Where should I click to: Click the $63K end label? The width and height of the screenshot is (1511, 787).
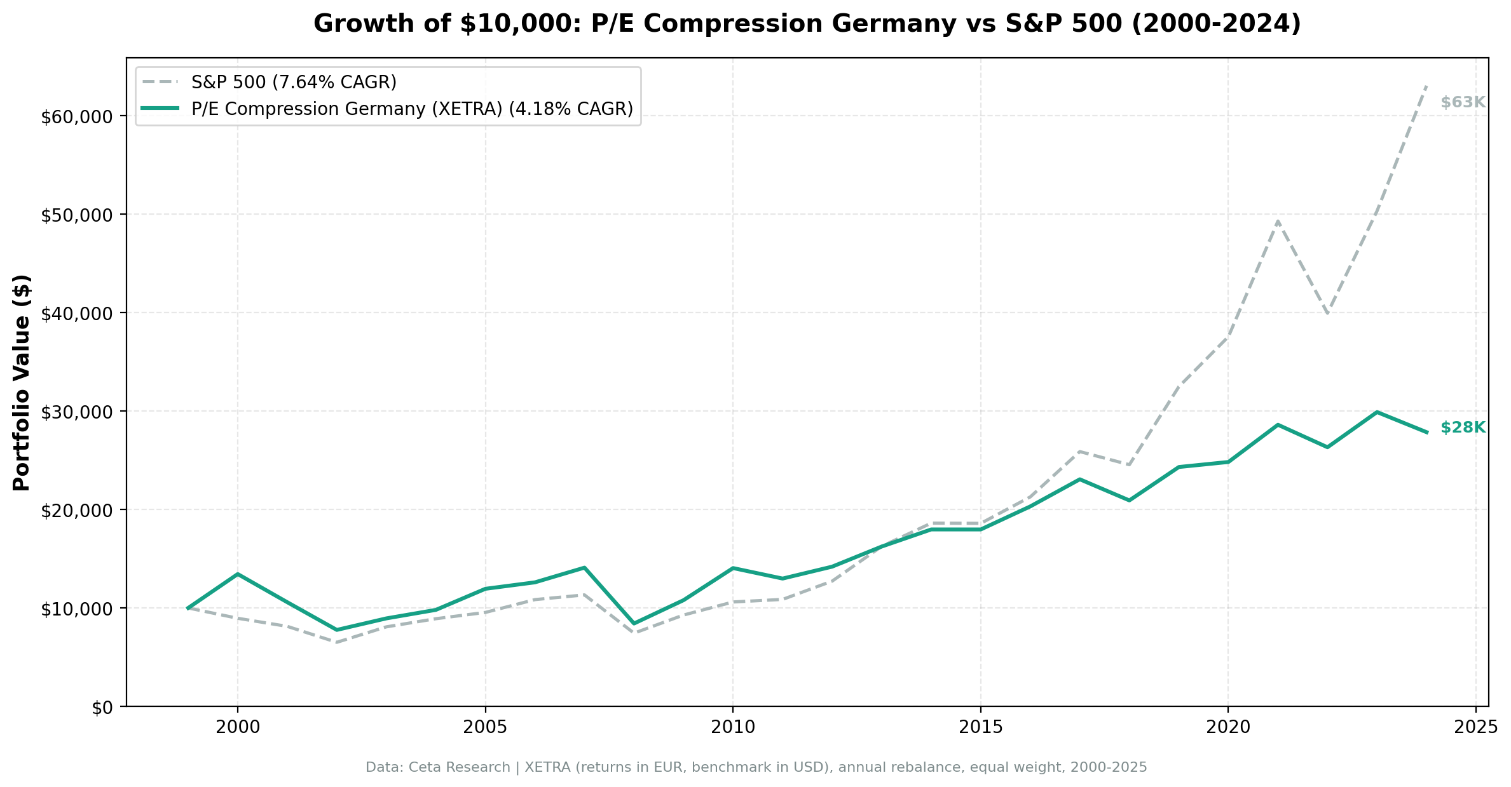pyautogui.click(x=1462, y=102)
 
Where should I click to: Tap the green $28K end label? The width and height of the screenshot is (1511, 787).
pyautogui.click(x=1462, y=428)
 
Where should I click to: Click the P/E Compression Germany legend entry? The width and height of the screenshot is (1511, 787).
pyautogui.click(x=412, y=109)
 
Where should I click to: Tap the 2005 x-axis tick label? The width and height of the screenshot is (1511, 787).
pyautogui.click(x=485, y=727)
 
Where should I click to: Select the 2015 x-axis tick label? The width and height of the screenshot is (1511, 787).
pyautogui.click(x=980, y=727)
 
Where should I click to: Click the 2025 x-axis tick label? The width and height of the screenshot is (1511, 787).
pyautogui.click(x=1475, y=727)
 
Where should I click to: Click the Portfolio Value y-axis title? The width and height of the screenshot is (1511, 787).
pyautogui.click(x=22, y=382)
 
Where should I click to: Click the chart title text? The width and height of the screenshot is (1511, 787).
pyautogui.click(x=807, y=24)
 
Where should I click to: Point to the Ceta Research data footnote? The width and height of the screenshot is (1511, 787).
pyautogui.click(x=756, y=767)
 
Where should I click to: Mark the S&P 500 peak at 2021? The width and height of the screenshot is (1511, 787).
pyautogui.click(x=1277, y=221)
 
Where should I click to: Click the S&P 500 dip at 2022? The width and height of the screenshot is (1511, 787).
pyautogui.click(x=1327, y=313)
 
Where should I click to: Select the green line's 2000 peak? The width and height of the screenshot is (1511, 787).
pyautogui.click(x=238, y=574)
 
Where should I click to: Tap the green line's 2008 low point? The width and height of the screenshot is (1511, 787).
pyautogui.click(x=634, y=624)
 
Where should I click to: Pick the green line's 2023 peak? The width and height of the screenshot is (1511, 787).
pyautogui.click(x=1376, y=412)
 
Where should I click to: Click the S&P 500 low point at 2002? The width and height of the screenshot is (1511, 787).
pyautogui.click(x=336, y=642)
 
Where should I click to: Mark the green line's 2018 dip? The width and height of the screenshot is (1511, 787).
pyautogui.click(x=1129, y=501)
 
